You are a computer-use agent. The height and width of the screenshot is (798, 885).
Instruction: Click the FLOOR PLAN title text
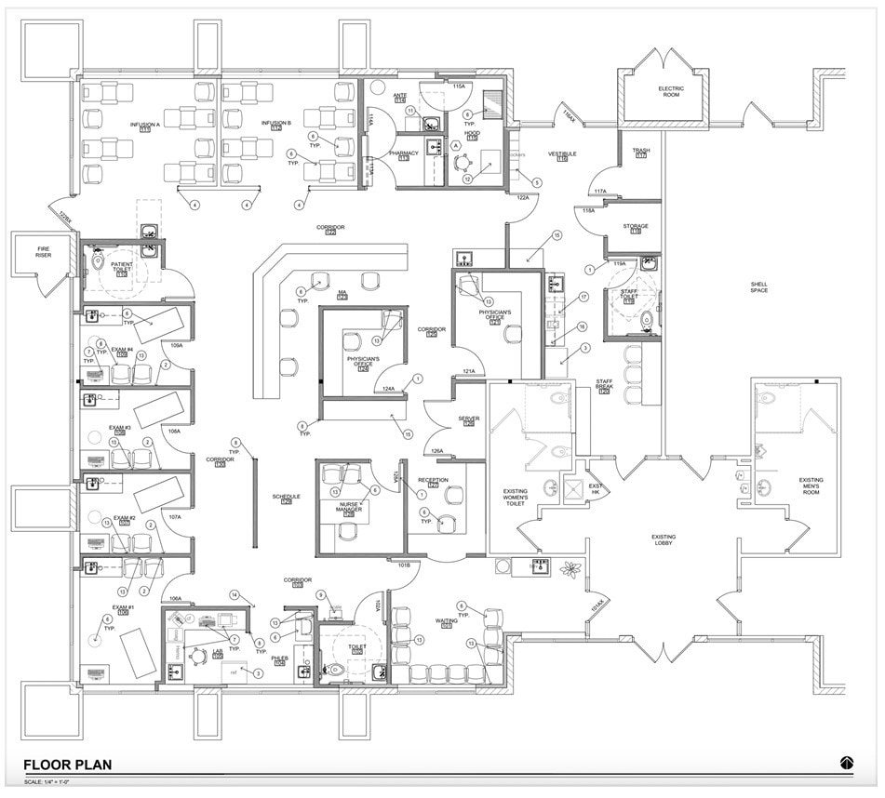click(x=67, y=765)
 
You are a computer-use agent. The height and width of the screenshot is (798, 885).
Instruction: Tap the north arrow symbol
click(x=846, y=763)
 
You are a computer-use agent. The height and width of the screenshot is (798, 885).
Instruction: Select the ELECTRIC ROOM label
click(x=671, y=91)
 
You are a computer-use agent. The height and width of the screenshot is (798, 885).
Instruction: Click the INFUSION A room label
click(x=145, y=125)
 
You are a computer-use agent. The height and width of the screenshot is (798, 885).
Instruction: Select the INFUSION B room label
click(x=276, y=125)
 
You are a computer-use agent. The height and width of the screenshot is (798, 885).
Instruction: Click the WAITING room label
click(x=447, y=621)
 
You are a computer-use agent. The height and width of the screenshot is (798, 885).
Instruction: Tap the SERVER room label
click(x=468, y=419)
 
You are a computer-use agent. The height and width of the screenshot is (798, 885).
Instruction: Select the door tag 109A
click(x=176, y=345)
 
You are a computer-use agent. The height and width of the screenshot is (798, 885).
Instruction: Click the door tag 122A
click(x=522, y=197)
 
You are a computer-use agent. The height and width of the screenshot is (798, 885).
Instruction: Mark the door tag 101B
click(x=404, y=564)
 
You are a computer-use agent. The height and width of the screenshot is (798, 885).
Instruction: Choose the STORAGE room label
click(x=636, y=227)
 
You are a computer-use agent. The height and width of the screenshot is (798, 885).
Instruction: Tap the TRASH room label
click(x=641, y=152)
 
